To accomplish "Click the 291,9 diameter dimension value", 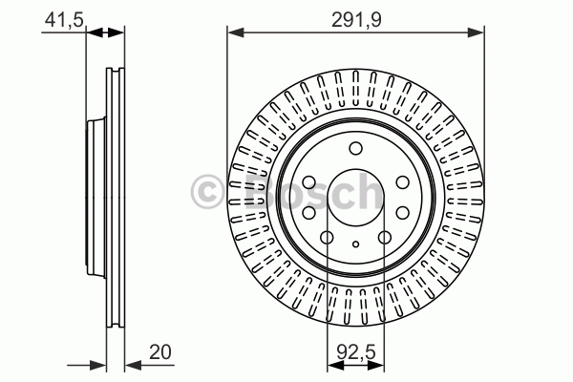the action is [x=356, y=20].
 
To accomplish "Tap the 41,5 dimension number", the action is [x=64, y=20].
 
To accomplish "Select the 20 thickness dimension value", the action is [x=159, y=352].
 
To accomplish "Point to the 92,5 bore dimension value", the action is [x=356, y=352].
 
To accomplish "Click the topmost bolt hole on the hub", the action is [x=355, y=148].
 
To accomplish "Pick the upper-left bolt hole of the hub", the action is [x=309, y=182].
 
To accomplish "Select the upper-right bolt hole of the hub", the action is [x=403, y=182].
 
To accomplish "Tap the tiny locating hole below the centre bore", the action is [x=355, y=244].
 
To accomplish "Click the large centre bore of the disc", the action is [x=355, y=198].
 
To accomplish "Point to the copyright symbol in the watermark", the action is [x=207, y=192].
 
